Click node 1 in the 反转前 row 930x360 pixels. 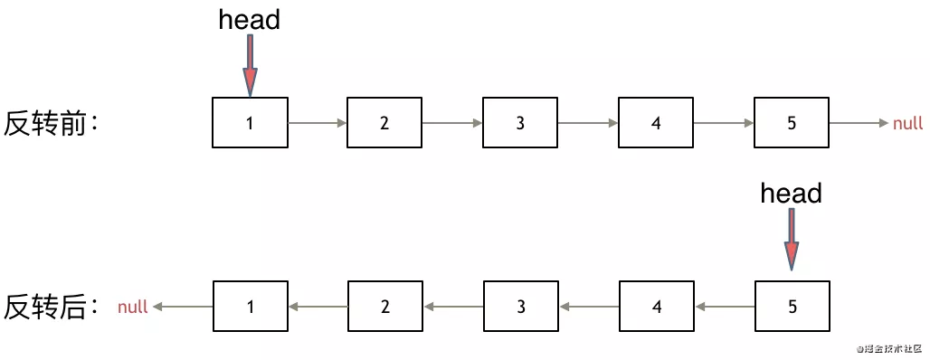click(250, 123)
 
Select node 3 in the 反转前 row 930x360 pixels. click(520, 123)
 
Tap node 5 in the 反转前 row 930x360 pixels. click(792, 123)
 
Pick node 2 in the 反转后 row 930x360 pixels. click(385, 306)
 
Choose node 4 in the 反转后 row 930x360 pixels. click(657, 306)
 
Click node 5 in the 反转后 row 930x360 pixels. click(792, 306)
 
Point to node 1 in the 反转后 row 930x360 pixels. click(251, 306)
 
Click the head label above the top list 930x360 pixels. click(249, 20)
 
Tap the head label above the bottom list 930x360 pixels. click(792, 194)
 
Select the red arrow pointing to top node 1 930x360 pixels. click(251, 65)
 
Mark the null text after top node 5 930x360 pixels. click(907, 123)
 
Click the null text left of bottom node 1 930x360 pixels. click(132, 307)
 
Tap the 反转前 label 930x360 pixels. click(52, 123)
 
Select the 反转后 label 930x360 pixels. click(52, 308)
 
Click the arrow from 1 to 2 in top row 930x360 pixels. click(318, 123)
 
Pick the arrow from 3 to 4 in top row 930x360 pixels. click(588, 123)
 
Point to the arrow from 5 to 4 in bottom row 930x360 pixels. click(725, 307)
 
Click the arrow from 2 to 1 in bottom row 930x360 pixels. click(318, 307)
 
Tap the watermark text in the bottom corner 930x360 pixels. click(888, 347)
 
